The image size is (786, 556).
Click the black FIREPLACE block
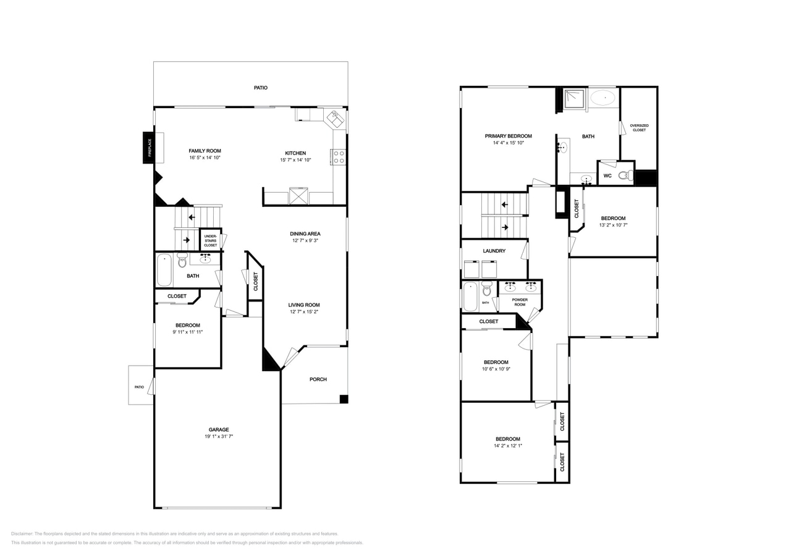coord(148,148)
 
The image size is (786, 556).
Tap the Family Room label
coord(205,151)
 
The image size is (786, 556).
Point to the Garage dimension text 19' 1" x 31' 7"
coord(219,436)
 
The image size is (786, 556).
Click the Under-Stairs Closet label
coord(211,241)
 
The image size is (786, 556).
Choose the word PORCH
coord(318,379)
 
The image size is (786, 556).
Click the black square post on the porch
coord(344,399)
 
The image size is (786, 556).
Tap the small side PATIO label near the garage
coord(139,387)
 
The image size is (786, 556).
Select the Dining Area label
coord(305,234)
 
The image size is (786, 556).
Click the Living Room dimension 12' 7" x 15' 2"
coord(304,311)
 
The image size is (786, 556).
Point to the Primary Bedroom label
coord(509,136)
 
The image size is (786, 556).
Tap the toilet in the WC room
coord(625,175)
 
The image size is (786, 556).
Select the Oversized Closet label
coord(640,128)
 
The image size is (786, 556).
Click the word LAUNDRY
coord(494,251)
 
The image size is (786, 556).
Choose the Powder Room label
coord(520,302)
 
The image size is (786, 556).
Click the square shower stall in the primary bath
coord(574,100)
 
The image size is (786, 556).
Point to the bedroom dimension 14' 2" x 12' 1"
coord(508,445)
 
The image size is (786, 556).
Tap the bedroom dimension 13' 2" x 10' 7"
coord(614,225)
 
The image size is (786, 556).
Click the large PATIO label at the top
coord(261,88)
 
